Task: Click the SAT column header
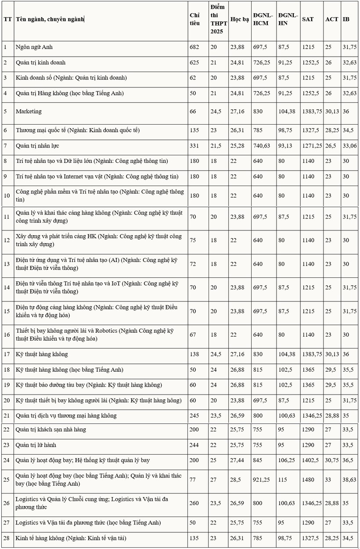(x=307, y=19)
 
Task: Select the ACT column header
(x=331, y=19)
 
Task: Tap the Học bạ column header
(x=239, y=19)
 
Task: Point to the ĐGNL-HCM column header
(x=263, y=19)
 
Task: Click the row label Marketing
(x=29, y=111)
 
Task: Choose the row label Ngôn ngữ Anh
(x=34, y=47)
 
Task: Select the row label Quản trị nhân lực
(x=37, y=146)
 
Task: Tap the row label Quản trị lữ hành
(x=36, y=445)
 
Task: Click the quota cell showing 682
(x=194, y=47)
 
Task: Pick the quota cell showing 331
(x=194, y=146)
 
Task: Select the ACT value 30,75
(x=332, y=460)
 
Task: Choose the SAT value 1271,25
(x=312, y=146)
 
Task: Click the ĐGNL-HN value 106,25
(x=287, y=460)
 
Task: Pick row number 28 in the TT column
(x=7, y=538)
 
